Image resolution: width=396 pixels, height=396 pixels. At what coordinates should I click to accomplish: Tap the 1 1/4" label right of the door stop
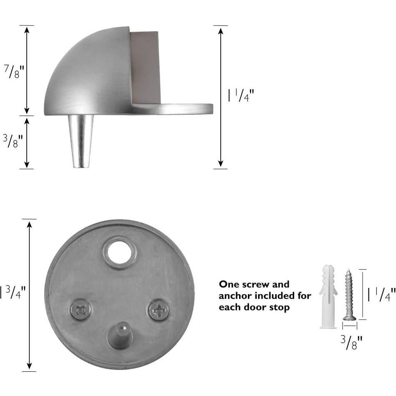pyautogui.click(x=241, y=96)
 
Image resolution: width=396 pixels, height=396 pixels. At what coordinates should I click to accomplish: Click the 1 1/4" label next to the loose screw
pyautogui.click(x=381, y=295)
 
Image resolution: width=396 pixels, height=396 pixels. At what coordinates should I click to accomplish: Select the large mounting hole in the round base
pyautogui.click(x=119, y=252)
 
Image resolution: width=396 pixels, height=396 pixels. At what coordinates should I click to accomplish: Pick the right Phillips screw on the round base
pyautogui.click(x=159, y=310)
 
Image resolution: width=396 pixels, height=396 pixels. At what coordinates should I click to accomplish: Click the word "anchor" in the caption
pyautogui.click(x=234, y=296)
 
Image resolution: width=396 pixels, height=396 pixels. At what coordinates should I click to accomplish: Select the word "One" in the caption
pyautogui.click(x=229, y=285)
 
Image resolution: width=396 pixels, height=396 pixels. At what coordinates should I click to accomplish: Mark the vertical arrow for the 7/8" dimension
pyautogui.click(x=27, y=70)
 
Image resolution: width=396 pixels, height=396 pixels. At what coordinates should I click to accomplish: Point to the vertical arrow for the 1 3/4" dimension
pyautogui.click(x=29, y=295)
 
